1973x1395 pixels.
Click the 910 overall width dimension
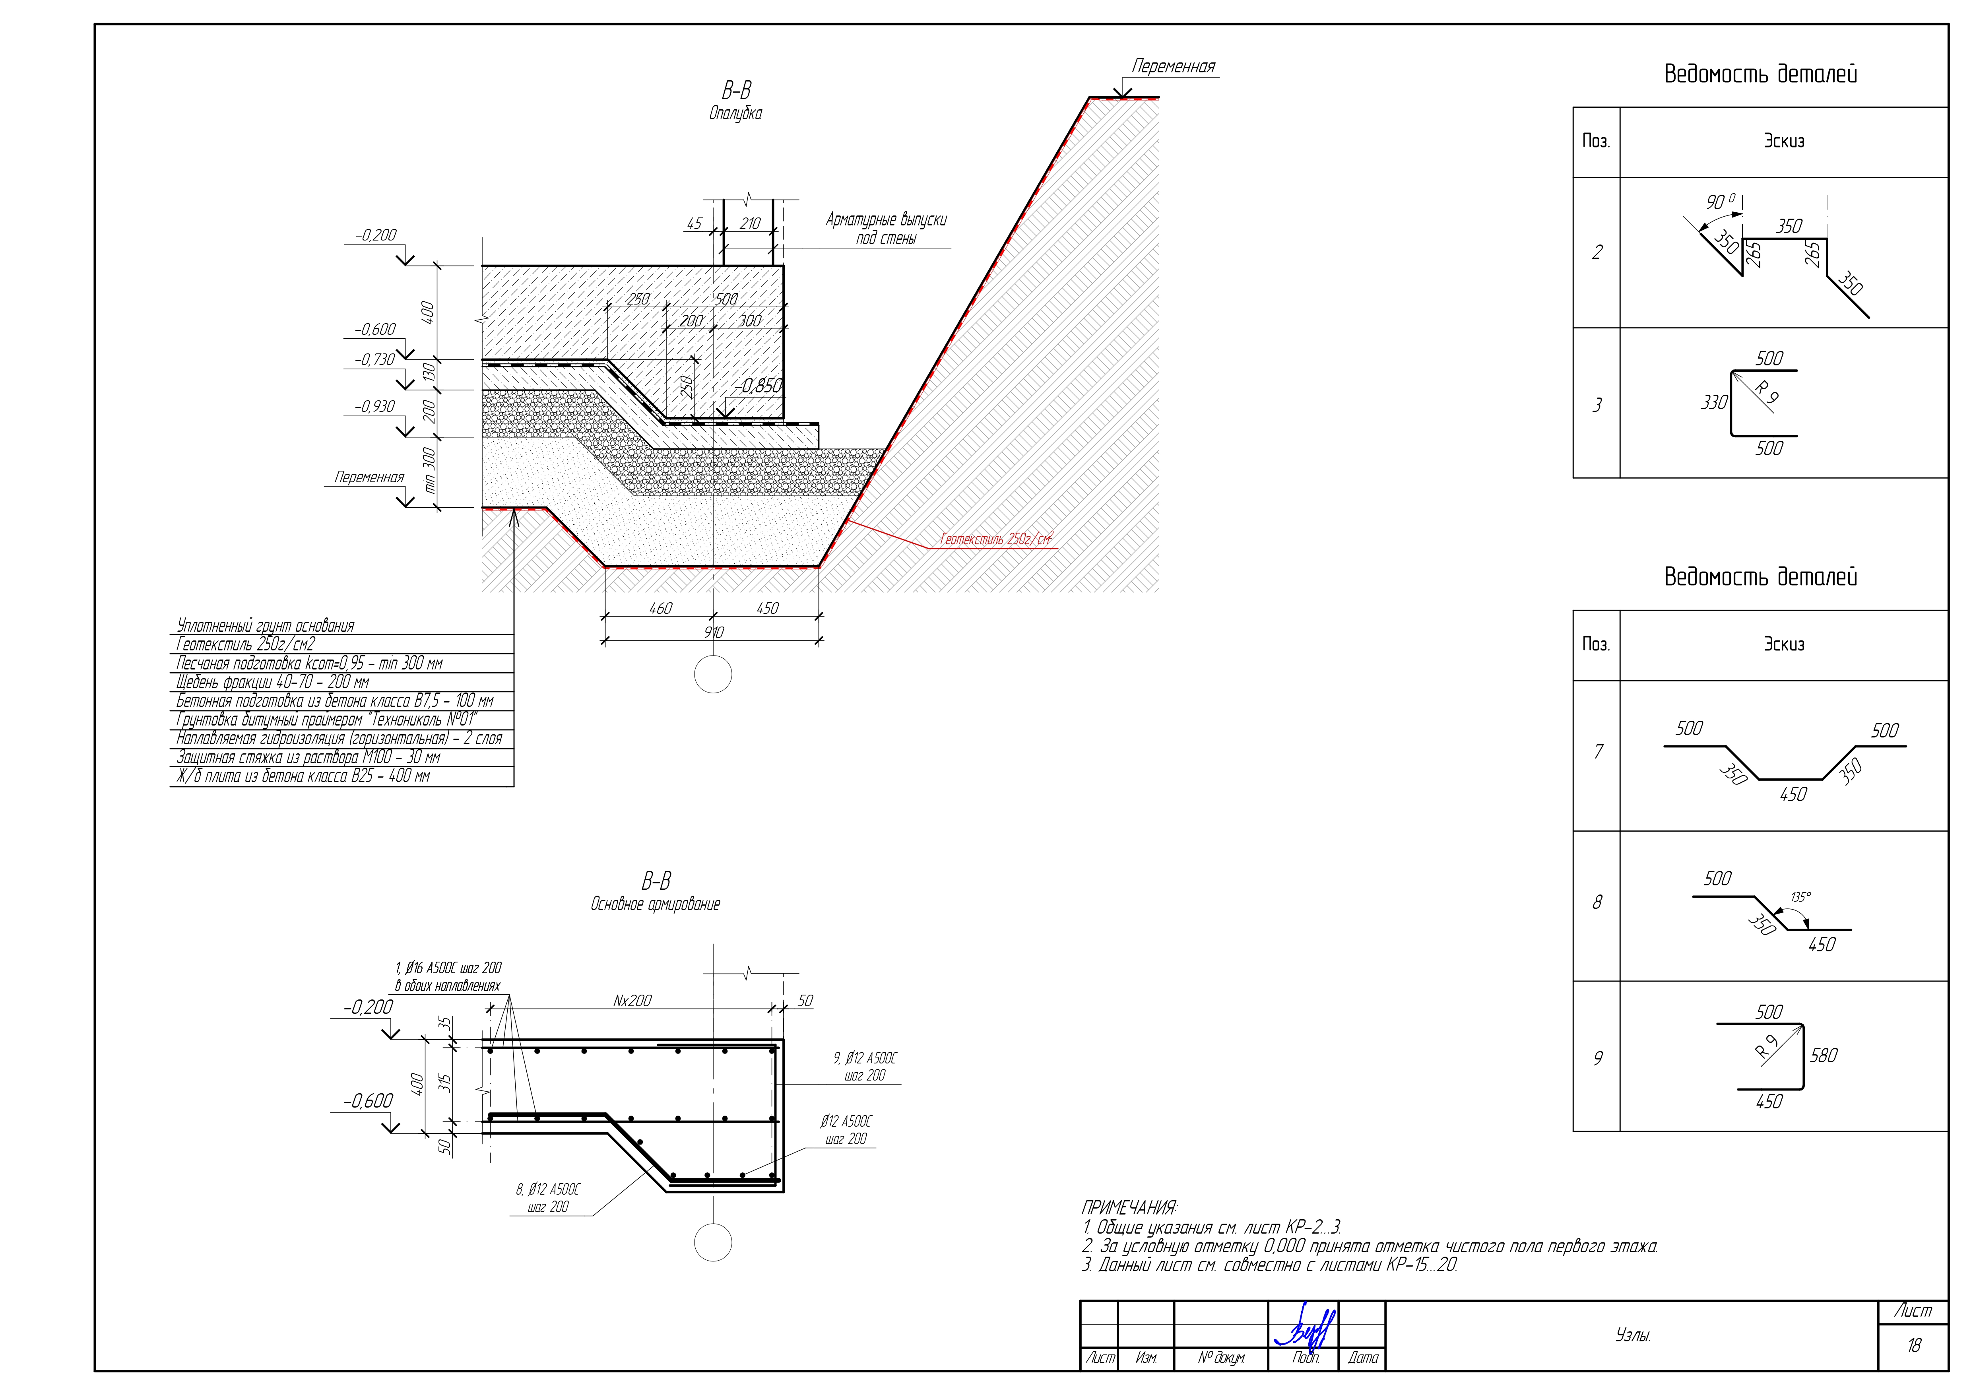click(713, 633)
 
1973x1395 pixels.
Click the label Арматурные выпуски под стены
click(886, 229)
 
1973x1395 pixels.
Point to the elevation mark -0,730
click(376, 359)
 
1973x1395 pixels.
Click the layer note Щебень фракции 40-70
click(272, 683)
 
